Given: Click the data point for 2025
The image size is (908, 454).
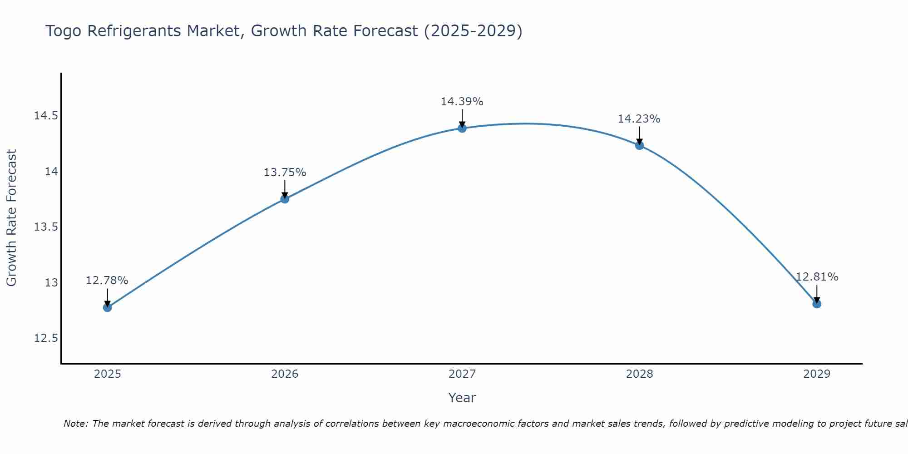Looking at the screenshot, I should point(107,307).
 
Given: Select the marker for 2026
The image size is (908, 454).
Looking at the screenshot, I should point(285,199).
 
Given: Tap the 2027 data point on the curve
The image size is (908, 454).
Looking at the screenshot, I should point(462,128).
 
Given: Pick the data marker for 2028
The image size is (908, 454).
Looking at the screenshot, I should point(639,145).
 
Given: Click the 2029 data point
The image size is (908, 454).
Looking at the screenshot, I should point(817,304).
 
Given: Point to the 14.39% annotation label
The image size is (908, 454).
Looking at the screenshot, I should point(462,102).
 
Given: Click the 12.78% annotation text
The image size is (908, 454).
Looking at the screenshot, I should point(107,281).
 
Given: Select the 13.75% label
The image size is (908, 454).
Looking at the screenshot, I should point(285,173).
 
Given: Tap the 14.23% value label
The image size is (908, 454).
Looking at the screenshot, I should point(639,119).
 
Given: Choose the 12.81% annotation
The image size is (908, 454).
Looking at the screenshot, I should point(817,277).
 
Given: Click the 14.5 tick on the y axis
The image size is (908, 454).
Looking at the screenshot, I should point(46,116).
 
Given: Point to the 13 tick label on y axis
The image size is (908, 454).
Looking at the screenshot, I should point(51,283).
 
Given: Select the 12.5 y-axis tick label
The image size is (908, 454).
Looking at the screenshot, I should point(46,338).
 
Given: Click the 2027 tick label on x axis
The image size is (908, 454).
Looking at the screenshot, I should point(462,374).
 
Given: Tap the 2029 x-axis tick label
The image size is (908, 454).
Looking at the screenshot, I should point(817,374).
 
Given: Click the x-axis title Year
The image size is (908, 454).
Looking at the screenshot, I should point(462,398).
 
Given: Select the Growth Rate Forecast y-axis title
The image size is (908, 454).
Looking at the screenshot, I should point(12,218).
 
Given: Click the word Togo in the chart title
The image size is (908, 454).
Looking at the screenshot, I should point(64,31).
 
